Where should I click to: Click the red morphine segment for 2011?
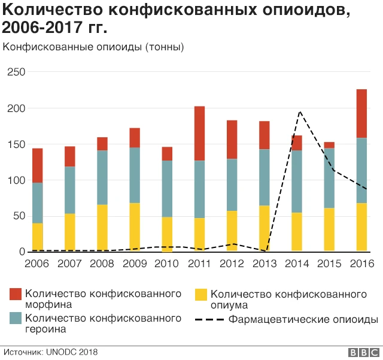coord(199,133)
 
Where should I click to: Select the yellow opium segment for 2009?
coord(135,227)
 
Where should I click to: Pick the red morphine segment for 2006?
coord(38,165)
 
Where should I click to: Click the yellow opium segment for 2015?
coord(329,229)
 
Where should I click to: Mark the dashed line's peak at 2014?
coord(299,111)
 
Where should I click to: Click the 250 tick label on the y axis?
coord(16,72)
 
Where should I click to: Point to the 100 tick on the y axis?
coord(16,180)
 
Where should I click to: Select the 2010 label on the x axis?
coord(167,264)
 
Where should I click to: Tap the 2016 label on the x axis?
coord(361,264)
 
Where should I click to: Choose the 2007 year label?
coord(70,264)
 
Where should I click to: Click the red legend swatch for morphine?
coord(16,294)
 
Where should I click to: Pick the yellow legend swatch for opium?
coord(202,294)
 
